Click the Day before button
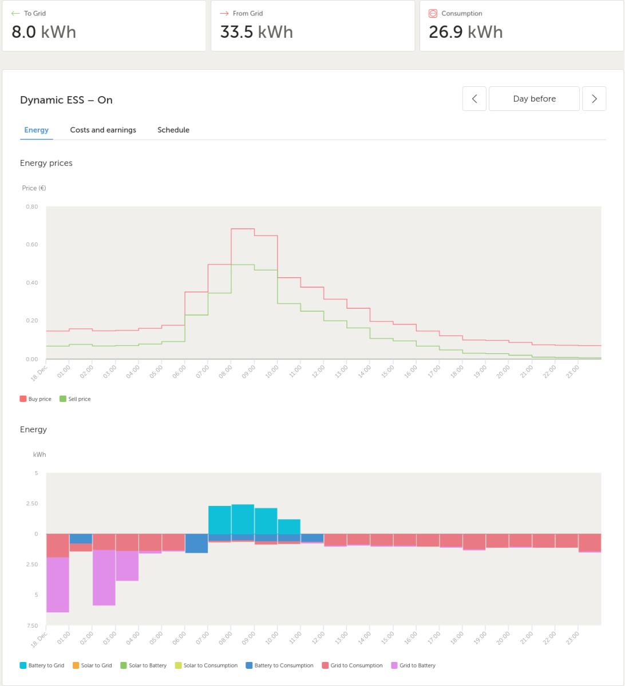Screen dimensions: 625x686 tap(534, 98)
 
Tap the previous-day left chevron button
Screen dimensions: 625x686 tap(474, 98)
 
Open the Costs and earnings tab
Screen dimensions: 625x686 tap(103, 130)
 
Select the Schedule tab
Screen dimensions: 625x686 tap(173, 130)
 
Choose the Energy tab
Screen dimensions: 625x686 tap(36, 130)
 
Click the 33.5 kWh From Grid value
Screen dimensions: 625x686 tap(256, 32)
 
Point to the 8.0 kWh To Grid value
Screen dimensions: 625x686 tap(44, 32)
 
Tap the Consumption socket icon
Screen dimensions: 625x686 tap(433, 13)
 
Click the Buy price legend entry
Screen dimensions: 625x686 tap(35, 399)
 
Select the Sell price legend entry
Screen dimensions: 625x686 tap(76, 399)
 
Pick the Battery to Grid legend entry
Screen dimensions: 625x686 tap(42, 665)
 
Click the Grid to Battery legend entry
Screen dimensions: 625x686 tap(413, 665)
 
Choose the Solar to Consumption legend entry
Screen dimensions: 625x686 tap(206, 665)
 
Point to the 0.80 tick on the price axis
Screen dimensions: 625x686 tap(32, 206)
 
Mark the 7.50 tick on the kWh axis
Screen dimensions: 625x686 tap(32, 625)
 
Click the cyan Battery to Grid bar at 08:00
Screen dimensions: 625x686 tap(243, 519)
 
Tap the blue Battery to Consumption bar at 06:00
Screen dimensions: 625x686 tap(196, 544)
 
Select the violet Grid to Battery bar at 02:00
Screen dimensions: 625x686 tap(104, 577)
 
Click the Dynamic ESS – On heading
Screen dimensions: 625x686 tap(66, 100)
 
